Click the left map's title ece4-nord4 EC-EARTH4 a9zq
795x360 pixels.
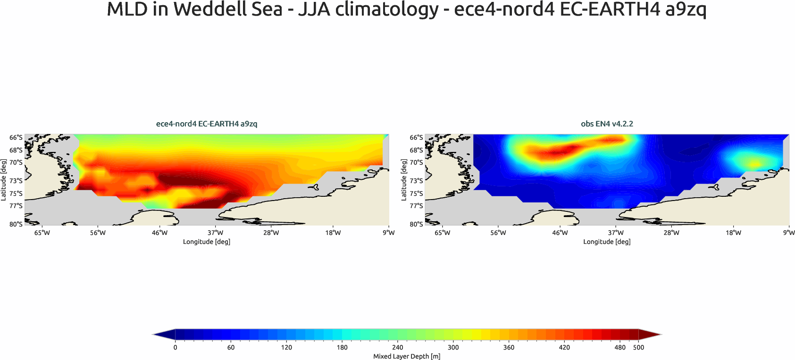207,124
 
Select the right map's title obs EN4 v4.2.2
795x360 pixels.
607,124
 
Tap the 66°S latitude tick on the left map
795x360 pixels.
16,137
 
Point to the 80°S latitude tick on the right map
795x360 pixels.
416,224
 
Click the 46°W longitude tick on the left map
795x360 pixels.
159,233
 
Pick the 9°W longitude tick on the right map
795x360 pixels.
789,233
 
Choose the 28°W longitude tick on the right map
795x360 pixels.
671,233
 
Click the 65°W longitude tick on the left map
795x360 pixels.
42,233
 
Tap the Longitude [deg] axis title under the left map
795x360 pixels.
207,242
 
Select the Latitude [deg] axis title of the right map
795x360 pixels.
403,180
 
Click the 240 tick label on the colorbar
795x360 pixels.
398,347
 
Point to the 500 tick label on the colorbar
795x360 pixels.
638,347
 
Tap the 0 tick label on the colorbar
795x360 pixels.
175,347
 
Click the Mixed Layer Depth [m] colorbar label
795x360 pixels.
407,356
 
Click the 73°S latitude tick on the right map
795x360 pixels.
416,181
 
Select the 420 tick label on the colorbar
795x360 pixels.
564,347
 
